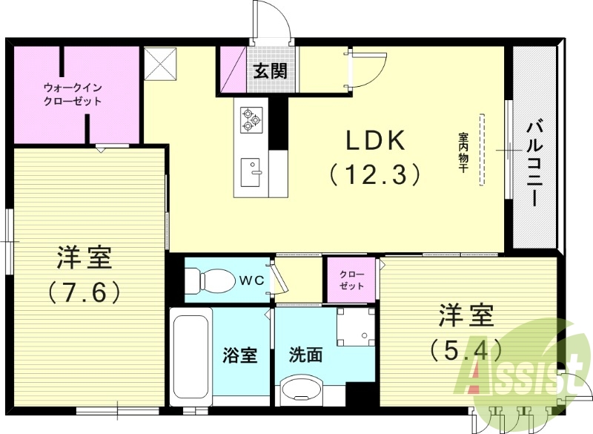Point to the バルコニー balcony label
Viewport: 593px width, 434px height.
click(x=533, y=160)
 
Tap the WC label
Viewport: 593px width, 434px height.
click(x=248, y=280)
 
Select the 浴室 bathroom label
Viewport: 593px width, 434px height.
click(x=240, y=355)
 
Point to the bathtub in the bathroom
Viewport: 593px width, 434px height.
click(x=191, y=357)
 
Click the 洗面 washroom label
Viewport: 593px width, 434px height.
click(x=305, y=355)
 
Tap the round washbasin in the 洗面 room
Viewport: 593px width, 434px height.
click(x=301, y=391)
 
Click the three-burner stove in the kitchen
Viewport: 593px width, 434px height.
click(x=251, y=118)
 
